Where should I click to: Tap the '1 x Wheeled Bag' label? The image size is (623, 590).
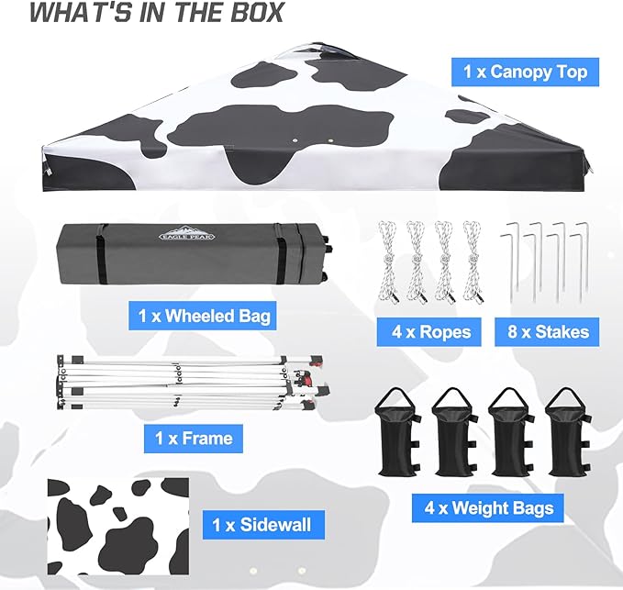tap(205, 317)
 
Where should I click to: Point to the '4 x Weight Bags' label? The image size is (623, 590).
tap(487, 507)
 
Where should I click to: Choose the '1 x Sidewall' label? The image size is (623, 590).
tap(261, 525)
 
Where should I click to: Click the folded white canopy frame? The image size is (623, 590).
tap(184, 381)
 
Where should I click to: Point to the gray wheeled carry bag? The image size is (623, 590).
tap(184, 252)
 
